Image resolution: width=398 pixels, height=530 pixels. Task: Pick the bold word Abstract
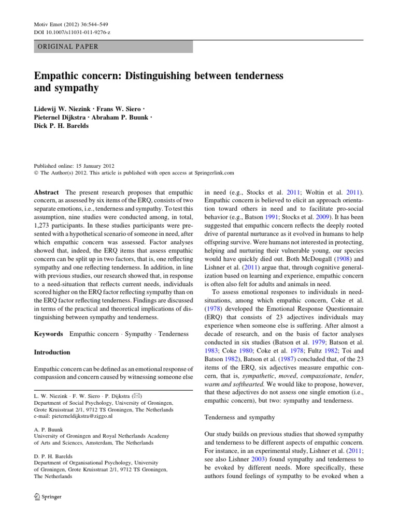[47, 192]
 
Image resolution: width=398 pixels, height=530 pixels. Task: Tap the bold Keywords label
[48, 334]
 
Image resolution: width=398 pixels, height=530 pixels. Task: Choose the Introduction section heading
[52, 352]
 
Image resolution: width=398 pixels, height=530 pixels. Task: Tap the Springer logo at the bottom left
[48, 496]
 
